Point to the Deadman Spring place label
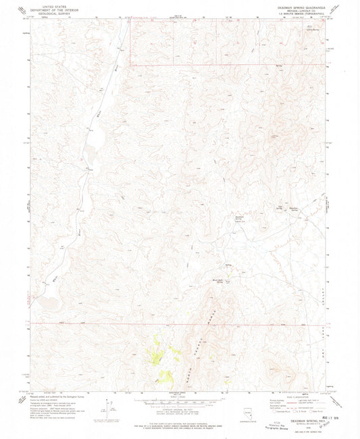point(238,218)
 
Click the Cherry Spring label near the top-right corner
point(312,28)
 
